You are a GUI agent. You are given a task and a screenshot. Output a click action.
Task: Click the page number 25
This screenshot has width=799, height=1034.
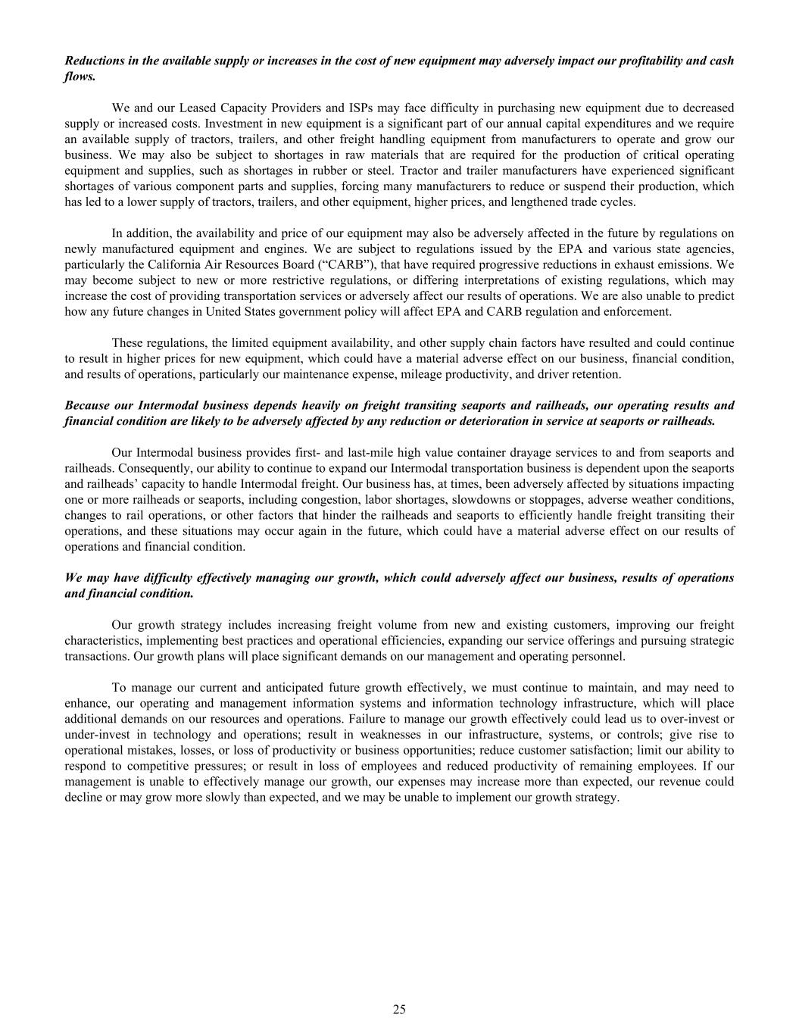point(399,1008)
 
